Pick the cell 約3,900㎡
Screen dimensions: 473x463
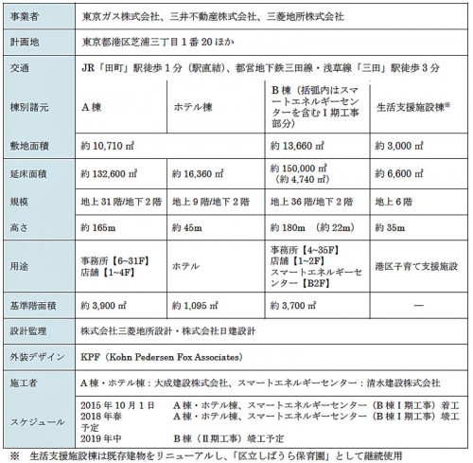coord(110,308)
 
